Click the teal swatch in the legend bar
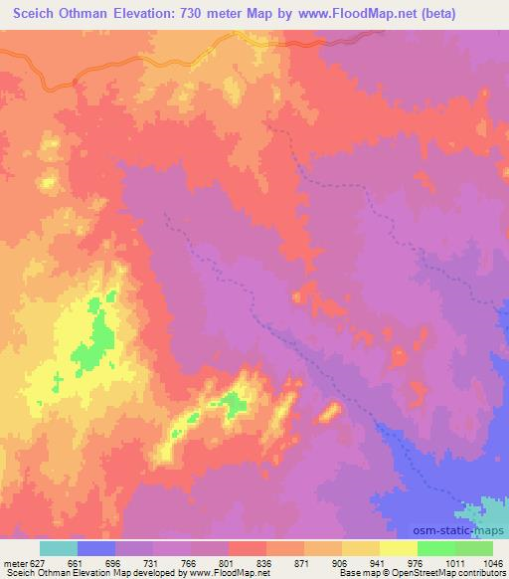point(59,547)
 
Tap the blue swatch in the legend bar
point(96,547)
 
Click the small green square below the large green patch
point(60,375)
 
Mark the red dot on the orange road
point(76,81)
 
